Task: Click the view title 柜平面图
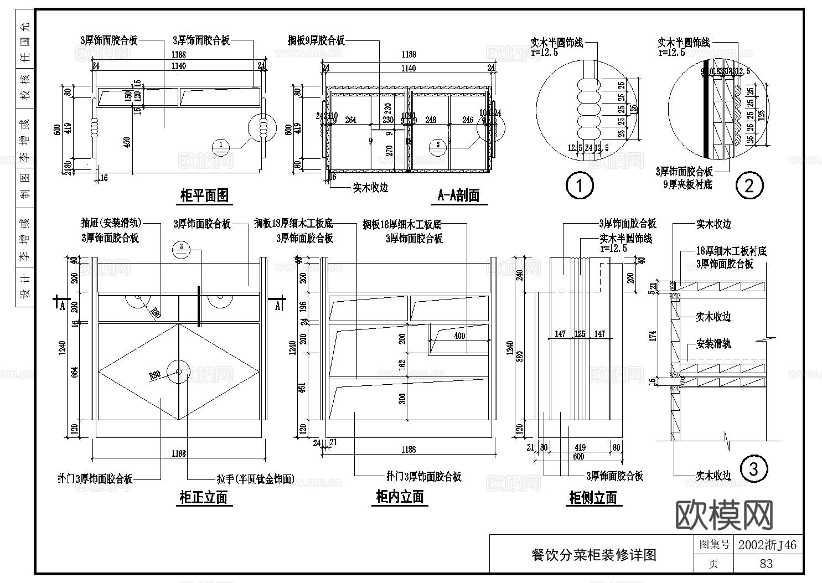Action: point(204,195)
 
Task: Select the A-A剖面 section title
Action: point(458,195)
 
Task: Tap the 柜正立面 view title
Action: point(204,497)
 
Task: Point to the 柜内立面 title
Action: point(400,497)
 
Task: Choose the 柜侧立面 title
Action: point(593,498)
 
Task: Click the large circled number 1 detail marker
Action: point(579,185)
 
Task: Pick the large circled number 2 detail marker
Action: point(749,185)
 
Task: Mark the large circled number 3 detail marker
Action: point(753,470)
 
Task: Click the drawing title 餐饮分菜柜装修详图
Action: point(593,555)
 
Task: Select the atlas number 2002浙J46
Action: point(767,545)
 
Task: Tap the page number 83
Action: point(766,564)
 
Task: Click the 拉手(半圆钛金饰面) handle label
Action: point(255,479)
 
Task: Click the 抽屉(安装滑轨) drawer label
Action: point(111,223)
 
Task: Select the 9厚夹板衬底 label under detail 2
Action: point(687,184)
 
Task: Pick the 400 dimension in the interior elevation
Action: point(459,336)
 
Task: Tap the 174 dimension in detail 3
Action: point(653,337)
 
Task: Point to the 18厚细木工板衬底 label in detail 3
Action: point(731,251)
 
